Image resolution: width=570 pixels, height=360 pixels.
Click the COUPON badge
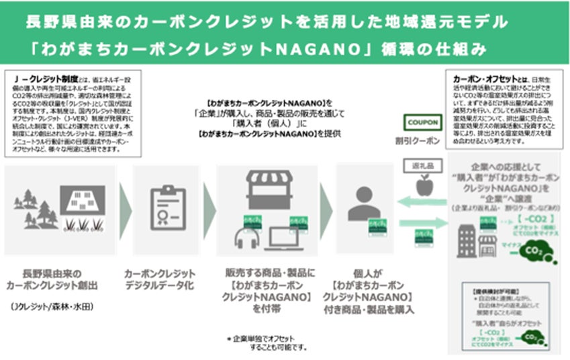coord(422,124)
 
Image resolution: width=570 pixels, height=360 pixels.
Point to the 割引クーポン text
coord(422,141)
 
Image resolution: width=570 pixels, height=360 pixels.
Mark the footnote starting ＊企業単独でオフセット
coord(267,342)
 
